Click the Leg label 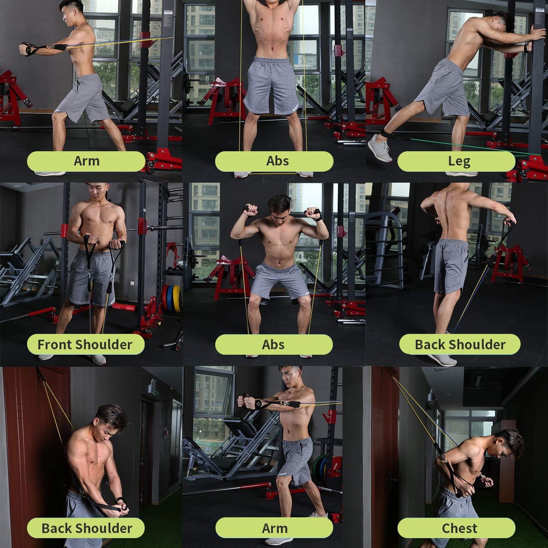[459, 162]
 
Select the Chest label [459, 528]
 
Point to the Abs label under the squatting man [273, 345]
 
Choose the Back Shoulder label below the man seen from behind [460, 345]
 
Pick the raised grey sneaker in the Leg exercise [380, 148]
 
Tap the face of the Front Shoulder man [97, 192]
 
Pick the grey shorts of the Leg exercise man [444, 89]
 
